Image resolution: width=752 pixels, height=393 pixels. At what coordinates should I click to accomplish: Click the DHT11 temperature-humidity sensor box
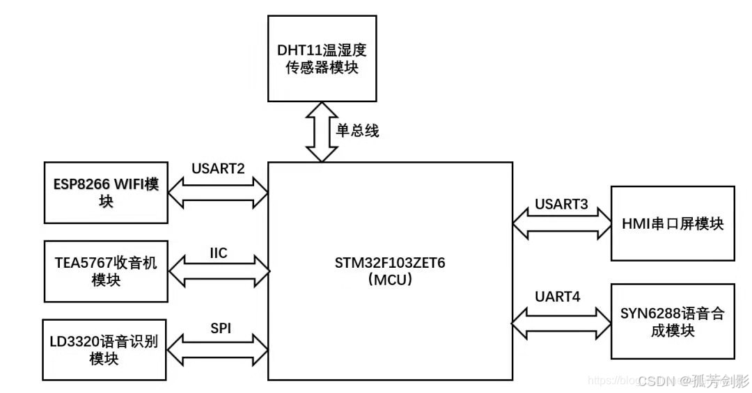322,58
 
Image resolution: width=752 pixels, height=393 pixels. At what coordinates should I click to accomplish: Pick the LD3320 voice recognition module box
104,349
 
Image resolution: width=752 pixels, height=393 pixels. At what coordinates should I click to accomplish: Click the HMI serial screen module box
672,224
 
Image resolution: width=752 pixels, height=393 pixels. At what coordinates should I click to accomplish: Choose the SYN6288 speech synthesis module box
672,321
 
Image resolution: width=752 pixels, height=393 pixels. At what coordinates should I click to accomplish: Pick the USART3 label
561,204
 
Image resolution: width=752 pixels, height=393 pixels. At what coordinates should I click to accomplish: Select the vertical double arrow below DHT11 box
322,131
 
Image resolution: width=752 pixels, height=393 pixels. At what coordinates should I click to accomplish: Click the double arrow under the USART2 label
218,193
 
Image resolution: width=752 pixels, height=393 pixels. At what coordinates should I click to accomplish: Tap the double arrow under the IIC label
218,272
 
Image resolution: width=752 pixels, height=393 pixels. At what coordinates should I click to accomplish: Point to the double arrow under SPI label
218,350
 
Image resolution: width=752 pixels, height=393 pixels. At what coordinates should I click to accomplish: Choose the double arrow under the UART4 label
561,321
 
